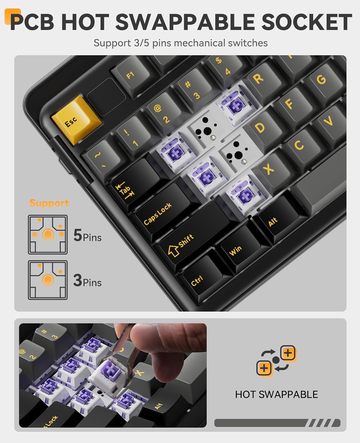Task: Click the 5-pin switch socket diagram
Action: [x=48, y=235]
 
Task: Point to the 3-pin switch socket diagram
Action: [x=48, y=280]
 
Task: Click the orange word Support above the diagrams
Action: [x=49, y=203]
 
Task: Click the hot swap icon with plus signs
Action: [x=276, y=360]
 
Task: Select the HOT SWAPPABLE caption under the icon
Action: [x=276, y=395]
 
